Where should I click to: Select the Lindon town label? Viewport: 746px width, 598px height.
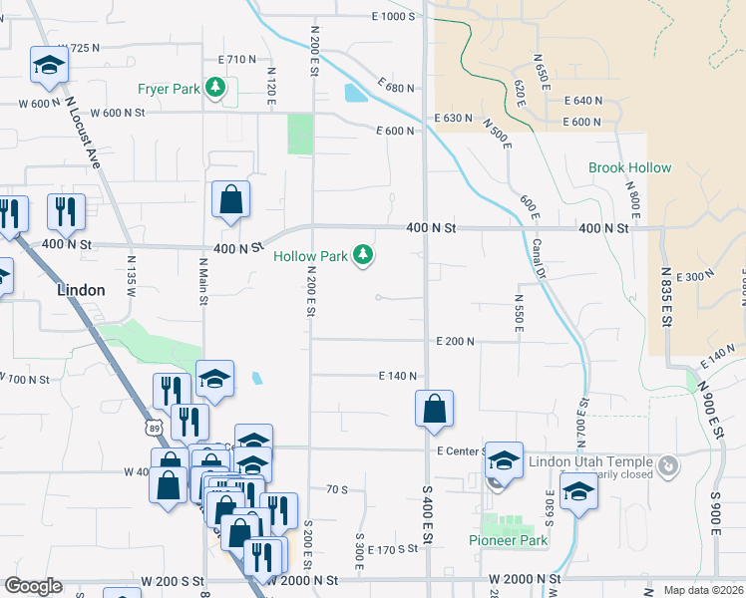pyautogui.click(x=81, y=290)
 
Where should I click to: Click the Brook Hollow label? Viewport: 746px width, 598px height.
pyautogui.click(x=629, y=168)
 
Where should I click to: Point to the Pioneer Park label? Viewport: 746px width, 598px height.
pyautogui.click(x=509, y=540)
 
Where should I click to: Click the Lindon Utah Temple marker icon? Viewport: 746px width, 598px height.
pyautogui.click(x=668, y=464)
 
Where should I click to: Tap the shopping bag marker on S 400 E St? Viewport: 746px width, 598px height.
pyautogui.click(x=434, y=409)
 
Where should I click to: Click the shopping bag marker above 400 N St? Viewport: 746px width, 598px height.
pyautogui.click(x=230, y=199)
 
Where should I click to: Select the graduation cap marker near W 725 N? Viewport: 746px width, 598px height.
pyautogui.click(x=48, y=66)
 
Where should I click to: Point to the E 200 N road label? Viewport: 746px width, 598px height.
pyautogui.click(x=454, y=341)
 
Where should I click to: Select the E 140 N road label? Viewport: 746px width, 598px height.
pyautogui.click(x=396, y=376)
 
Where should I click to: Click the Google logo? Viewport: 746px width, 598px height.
pyautogui.click(x=33, y=586)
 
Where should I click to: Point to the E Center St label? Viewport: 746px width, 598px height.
pyautogui.click(x=461, y=450)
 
